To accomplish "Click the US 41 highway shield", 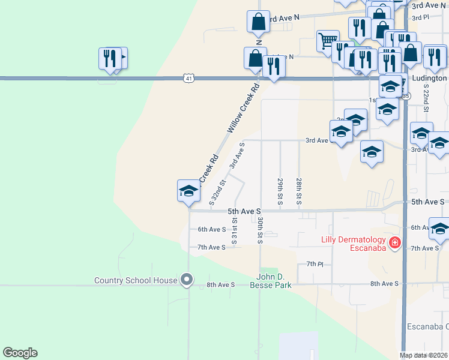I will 188,78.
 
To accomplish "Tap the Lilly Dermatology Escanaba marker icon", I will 395,243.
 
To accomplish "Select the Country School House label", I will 136,280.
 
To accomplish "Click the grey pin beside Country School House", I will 187,280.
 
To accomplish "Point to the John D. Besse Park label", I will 271,281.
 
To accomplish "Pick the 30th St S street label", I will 261,230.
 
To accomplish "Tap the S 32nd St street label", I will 217,192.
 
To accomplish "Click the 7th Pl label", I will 315,264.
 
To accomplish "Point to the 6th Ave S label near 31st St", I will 211,229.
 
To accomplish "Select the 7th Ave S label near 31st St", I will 211,247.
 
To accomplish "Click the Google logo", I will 20,353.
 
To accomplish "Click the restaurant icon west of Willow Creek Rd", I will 110,58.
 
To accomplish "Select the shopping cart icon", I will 327,41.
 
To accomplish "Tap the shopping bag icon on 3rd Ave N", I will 258,22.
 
